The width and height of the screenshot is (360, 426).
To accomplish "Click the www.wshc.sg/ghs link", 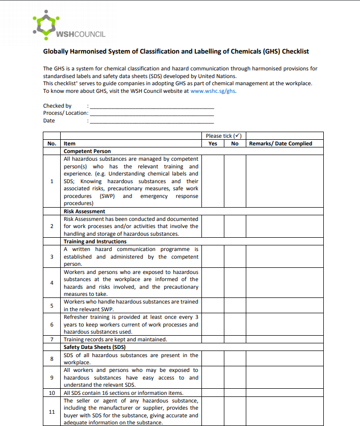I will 213,91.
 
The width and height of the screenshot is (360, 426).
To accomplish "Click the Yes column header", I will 213,144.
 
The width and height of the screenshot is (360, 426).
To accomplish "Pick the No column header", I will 235,144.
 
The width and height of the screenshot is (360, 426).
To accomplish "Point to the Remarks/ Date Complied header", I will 280,144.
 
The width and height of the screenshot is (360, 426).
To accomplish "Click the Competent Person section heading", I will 87,152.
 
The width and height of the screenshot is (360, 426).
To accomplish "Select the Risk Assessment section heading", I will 84,211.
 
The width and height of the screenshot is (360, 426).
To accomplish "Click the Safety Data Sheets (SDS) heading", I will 94,347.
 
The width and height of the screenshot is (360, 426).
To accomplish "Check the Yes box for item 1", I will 213,181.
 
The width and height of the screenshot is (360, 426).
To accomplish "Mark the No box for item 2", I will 235,226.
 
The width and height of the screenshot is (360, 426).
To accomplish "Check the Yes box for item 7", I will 213,339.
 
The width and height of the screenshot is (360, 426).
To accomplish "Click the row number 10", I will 52,393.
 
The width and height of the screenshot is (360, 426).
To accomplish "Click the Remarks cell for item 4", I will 285,283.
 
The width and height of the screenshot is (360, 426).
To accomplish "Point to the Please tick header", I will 223,136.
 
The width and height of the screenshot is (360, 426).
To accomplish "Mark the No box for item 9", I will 235,378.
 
